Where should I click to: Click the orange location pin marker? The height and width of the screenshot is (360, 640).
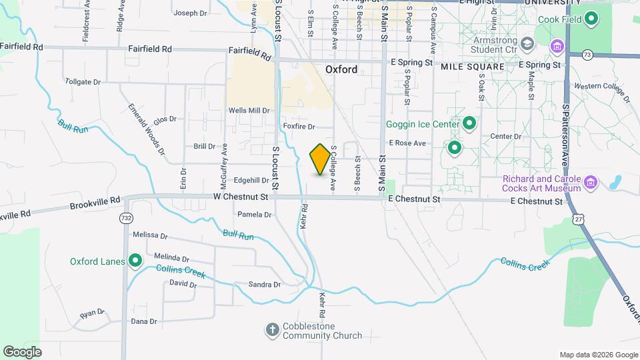tap(320, 159)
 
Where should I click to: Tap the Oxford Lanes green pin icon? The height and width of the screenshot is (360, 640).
tap(135, 261)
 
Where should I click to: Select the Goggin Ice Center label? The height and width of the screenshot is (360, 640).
tap(423, 124)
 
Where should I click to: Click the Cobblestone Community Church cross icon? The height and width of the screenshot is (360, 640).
tap(271, 329)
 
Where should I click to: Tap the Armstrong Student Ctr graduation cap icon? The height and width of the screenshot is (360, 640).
tap(527, 43)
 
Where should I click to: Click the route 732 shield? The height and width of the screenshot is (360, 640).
tap(125, 218)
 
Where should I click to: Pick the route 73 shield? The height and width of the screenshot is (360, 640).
tap(587, 54)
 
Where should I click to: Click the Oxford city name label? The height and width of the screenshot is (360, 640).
tap(341, 69)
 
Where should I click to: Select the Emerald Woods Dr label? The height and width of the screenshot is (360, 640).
tap(146, 129)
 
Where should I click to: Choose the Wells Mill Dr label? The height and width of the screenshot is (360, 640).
tap(249, 111)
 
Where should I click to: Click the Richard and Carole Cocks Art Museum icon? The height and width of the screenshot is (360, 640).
tap(591, 183)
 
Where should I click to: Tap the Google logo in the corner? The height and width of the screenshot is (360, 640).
tap(22, 351)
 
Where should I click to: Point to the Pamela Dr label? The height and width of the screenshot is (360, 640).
tap(255, 215)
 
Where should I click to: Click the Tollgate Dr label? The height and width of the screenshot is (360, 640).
tap(83, 81)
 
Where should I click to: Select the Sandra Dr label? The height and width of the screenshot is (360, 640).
tap(264, 285)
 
